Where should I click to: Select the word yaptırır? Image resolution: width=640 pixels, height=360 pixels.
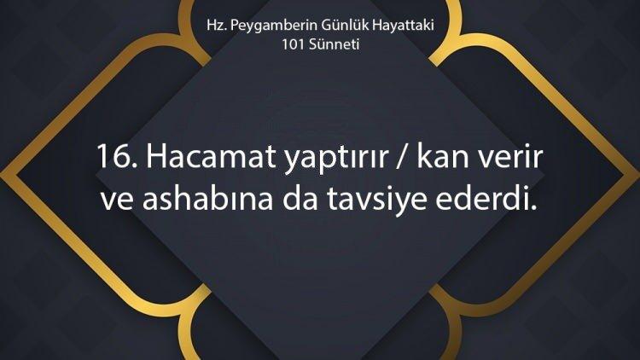[336, 160]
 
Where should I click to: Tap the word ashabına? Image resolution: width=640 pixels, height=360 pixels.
[207, 199]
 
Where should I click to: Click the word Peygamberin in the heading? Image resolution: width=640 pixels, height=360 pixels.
[273, 26]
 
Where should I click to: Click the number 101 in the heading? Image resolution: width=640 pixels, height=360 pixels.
[293, 44]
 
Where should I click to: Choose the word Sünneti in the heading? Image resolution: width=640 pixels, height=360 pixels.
[334, 44]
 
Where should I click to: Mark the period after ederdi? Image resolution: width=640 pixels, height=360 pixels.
[533, 208]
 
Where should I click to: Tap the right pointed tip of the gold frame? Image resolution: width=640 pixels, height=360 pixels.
[638, 176]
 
